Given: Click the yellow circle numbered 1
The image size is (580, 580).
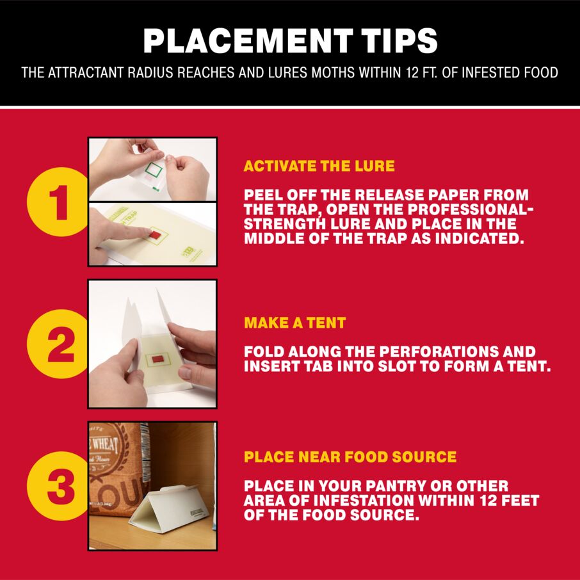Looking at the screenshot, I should (58, 202).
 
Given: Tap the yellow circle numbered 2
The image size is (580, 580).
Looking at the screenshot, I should (58, 344).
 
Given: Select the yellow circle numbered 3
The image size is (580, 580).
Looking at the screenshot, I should (58, 486).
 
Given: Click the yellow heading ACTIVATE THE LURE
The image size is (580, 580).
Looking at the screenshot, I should (319, 166).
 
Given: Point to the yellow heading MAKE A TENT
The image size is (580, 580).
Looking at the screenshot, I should (294, 323).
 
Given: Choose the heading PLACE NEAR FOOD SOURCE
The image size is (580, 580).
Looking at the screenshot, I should (350, 457).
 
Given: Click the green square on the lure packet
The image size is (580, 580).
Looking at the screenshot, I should (154, 172).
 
